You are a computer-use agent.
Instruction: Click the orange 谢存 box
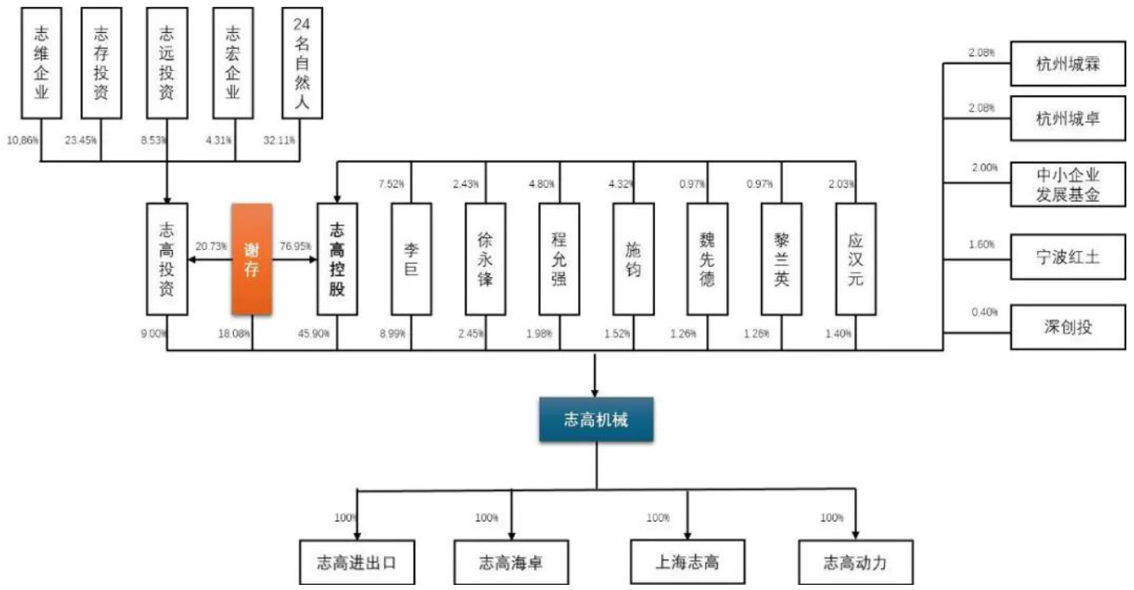[x=252, y=259]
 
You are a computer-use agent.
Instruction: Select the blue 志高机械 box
[x=596, y=420]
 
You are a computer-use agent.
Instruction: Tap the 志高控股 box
[x=336, y=259]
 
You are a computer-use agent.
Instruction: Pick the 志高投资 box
[x=167, y=259]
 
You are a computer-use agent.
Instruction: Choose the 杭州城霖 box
[x=1067, y=64]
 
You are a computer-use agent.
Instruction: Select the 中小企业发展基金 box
[x=1067, y=185]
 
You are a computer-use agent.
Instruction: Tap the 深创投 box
[x=1067, y=326]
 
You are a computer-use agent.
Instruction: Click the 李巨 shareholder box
[x=411, y=259]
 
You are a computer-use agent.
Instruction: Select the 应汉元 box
[x=855, y=259]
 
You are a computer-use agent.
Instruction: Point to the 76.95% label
[x=292, y=245]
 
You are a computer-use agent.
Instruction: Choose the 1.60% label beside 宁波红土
[x=983, y=245]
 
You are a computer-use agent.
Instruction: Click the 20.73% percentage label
[x=211, y=245]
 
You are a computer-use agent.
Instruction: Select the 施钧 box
[x=633, y=259]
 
